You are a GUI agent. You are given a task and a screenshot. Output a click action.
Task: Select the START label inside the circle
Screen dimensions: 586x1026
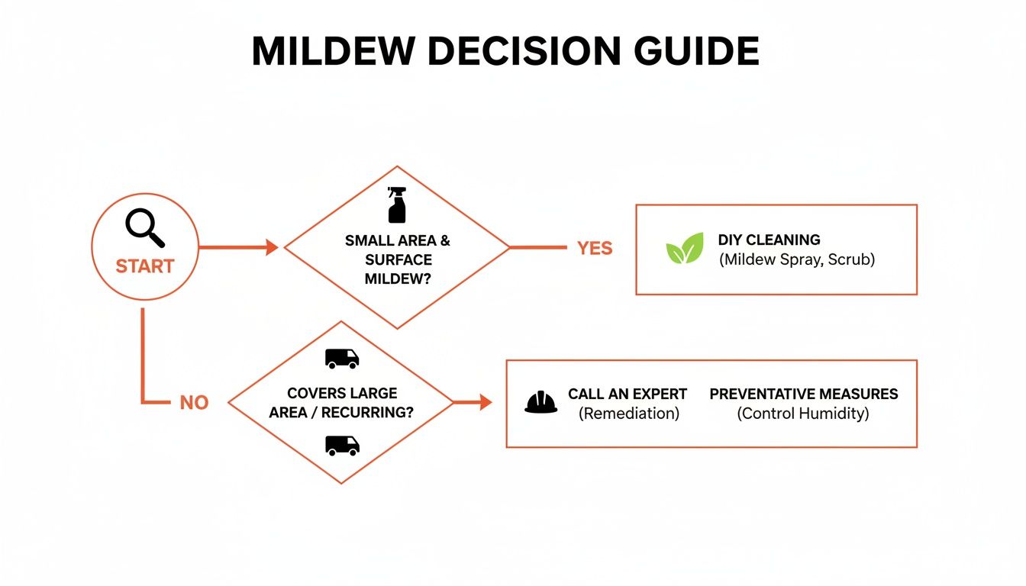coord(145,266)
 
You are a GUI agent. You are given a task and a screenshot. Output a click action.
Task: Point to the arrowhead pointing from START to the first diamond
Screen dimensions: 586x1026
coord(270,247)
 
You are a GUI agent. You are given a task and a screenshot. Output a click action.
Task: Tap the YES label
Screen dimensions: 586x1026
coord(595,249)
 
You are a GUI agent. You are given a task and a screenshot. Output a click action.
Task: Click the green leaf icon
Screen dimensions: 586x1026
coord(684,249)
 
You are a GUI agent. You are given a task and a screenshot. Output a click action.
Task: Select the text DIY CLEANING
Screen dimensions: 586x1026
coord(769,240)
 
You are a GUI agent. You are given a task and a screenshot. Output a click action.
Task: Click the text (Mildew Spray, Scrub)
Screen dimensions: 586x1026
coord(797,259)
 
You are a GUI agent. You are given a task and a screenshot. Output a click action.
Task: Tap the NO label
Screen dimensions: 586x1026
coord(194,403)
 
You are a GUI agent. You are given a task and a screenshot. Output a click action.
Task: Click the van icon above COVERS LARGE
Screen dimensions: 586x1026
coord(341,359)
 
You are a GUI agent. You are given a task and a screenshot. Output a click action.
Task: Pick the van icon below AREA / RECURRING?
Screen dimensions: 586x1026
coord(341,446)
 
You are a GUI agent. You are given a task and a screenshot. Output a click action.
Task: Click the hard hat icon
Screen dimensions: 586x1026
coord(541,402)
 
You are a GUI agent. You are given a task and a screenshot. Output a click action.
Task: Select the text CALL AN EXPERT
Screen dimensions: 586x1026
coord(628,394)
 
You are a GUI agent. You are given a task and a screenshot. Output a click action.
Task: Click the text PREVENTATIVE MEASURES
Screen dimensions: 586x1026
coord(803,394)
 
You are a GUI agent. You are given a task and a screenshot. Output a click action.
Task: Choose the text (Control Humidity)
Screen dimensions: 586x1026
coord(802,414)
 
